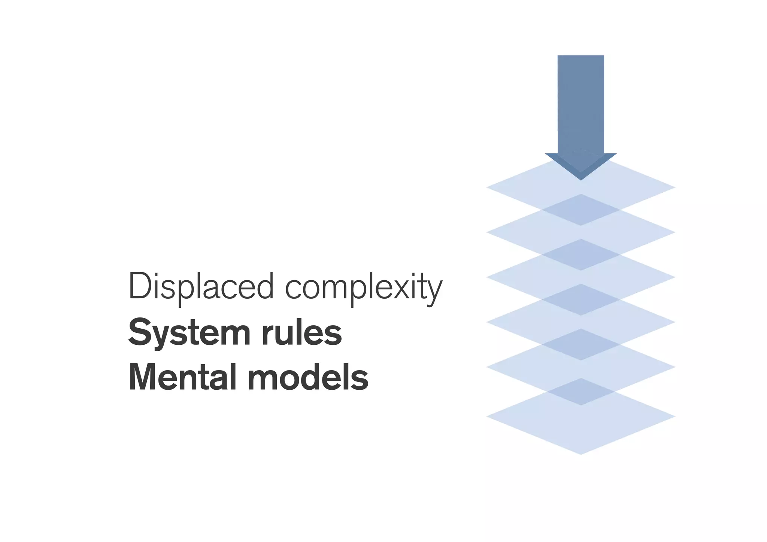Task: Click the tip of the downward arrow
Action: coord(581,179)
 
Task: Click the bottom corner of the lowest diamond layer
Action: coord(581,453)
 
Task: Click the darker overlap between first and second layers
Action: coord(581,210)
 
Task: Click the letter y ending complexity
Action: coord(434,292)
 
